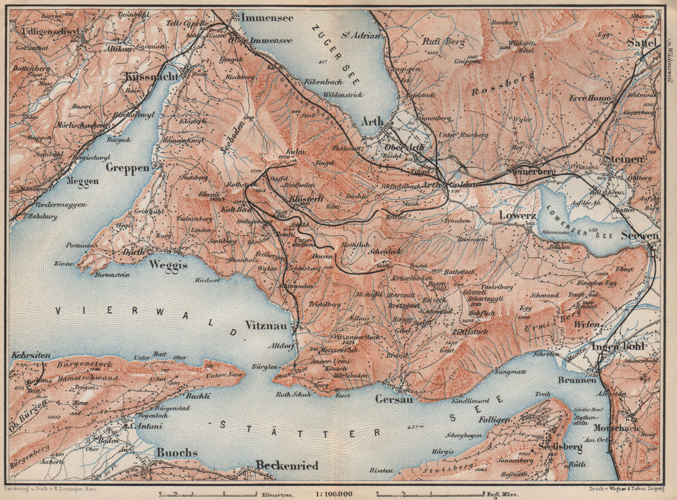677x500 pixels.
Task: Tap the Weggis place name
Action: (x=168, y=265)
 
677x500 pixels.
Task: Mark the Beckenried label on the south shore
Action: (x=287, y=466)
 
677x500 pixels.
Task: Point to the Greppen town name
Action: (x=128, y=168)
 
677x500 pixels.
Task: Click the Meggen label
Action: (x=83, y=181)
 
